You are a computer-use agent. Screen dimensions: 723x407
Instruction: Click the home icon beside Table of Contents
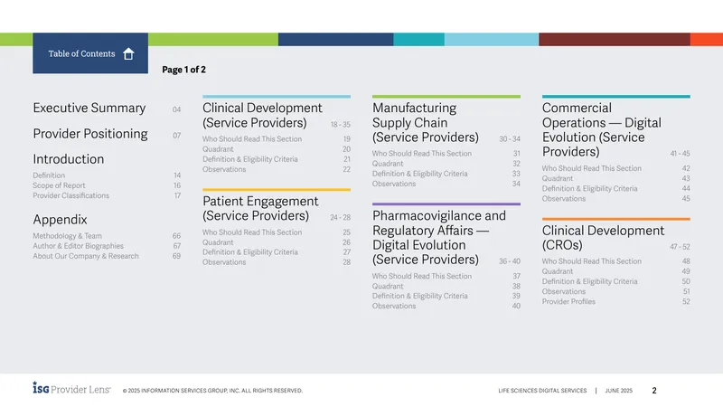[128, 54]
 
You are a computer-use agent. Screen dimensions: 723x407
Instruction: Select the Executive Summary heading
[89, 108]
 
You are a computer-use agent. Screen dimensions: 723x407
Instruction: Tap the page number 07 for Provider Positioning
[176, 136]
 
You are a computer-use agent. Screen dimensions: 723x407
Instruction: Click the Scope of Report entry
[59, 185]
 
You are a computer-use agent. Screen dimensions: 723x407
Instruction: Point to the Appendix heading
[60, 220]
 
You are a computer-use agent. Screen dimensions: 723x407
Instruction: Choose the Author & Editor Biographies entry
[78, 246]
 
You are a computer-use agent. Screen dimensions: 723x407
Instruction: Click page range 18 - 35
[341, 125]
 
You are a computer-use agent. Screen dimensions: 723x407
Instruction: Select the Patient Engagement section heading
[260, 209]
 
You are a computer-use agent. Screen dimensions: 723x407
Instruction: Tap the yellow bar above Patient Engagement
[277, 190]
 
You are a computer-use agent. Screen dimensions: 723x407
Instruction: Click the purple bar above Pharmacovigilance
[446, 204]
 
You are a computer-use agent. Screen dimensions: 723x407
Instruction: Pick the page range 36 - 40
[510, 261]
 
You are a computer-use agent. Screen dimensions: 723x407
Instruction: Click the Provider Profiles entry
[568, 302]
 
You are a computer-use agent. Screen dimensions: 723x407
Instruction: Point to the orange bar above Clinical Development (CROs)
[616, 219]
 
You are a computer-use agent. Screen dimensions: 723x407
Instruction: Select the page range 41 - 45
[681, 154]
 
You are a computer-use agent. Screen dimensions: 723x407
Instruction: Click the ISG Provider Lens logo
[71, 388]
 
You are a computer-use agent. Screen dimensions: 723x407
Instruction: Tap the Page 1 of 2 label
[183, 70]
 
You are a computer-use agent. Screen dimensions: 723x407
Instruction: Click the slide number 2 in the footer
[653, 391]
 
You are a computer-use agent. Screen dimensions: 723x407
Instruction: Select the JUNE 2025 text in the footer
[619, 391]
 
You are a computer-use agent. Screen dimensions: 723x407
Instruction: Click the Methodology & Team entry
[67, 236]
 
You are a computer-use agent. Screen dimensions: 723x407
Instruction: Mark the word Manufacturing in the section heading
[414, 108]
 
